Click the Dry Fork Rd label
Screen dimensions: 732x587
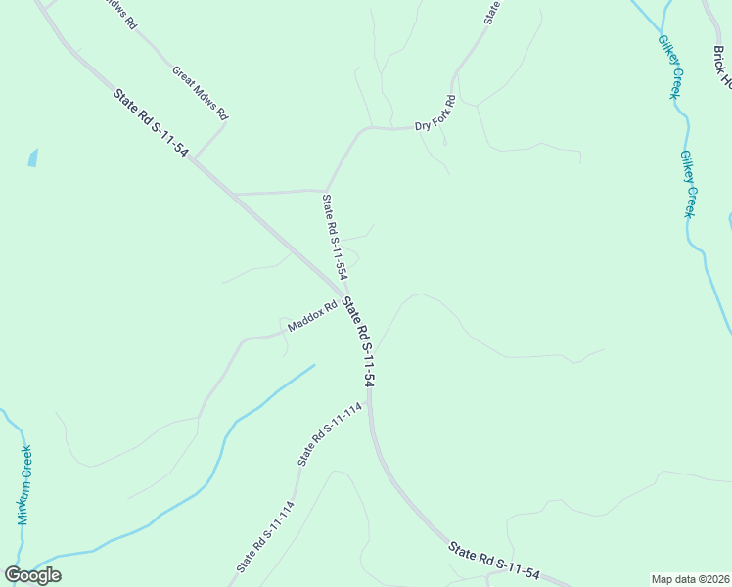click(435, 113)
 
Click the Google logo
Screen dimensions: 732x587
click(32, 574)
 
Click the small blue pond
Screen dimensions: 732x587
click(33, 158)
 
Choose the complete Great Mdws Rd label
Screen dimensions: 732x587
click(200, 93)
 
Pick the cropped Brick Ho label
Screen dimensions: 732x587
click(720, 66)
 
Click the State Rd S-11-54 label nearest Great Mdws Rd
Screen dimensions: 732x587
click(151, 125)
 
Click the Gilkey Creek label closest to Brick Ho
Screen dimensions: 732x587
click(669, 68)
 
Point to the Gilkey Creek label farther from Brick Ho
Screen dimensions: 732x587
click(688, 184)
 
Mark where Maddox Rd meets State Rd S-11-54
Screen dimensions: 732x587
click(343, 296)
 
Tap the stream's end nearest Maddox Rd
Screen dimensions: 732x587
click(314, 366)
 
